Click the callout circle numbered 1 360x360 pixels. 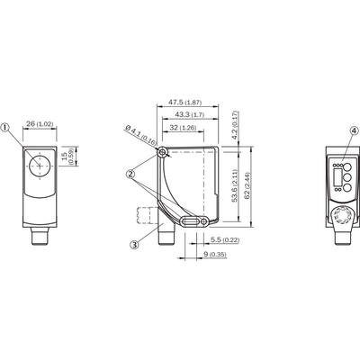click(5, 128)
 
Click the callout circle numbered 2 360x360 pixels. click(130, 174)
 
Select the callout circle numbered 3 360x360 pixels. click(134, 245)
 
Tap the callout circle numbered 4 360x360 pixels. click(355, 130)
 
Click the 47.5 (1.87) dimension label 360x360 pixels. click(184, 102)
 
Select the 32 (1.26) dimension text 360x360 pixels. click(183, 128)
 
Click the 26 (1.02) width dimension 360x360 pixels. click(40, 123)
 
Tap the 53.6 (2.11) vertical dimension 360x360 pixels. click(234, 185)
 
